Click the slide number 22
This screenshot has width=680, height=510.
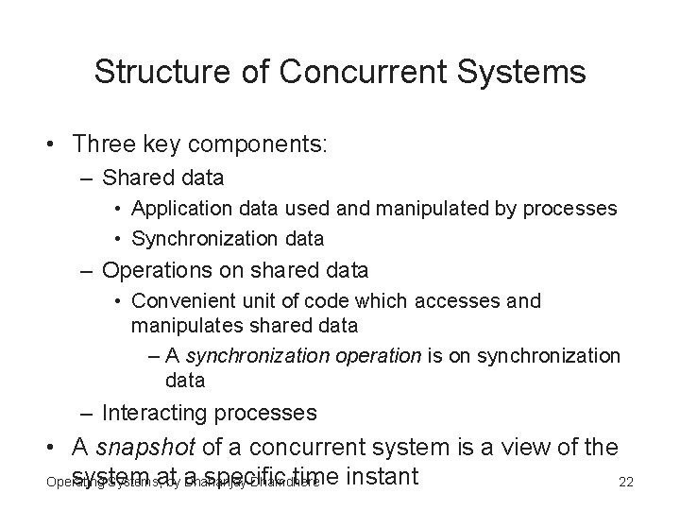point(625,483)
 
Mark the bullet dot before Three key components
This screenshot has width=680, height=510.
point(46,144)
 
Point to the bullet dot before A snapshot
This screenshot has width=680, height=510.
point(46,448)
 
